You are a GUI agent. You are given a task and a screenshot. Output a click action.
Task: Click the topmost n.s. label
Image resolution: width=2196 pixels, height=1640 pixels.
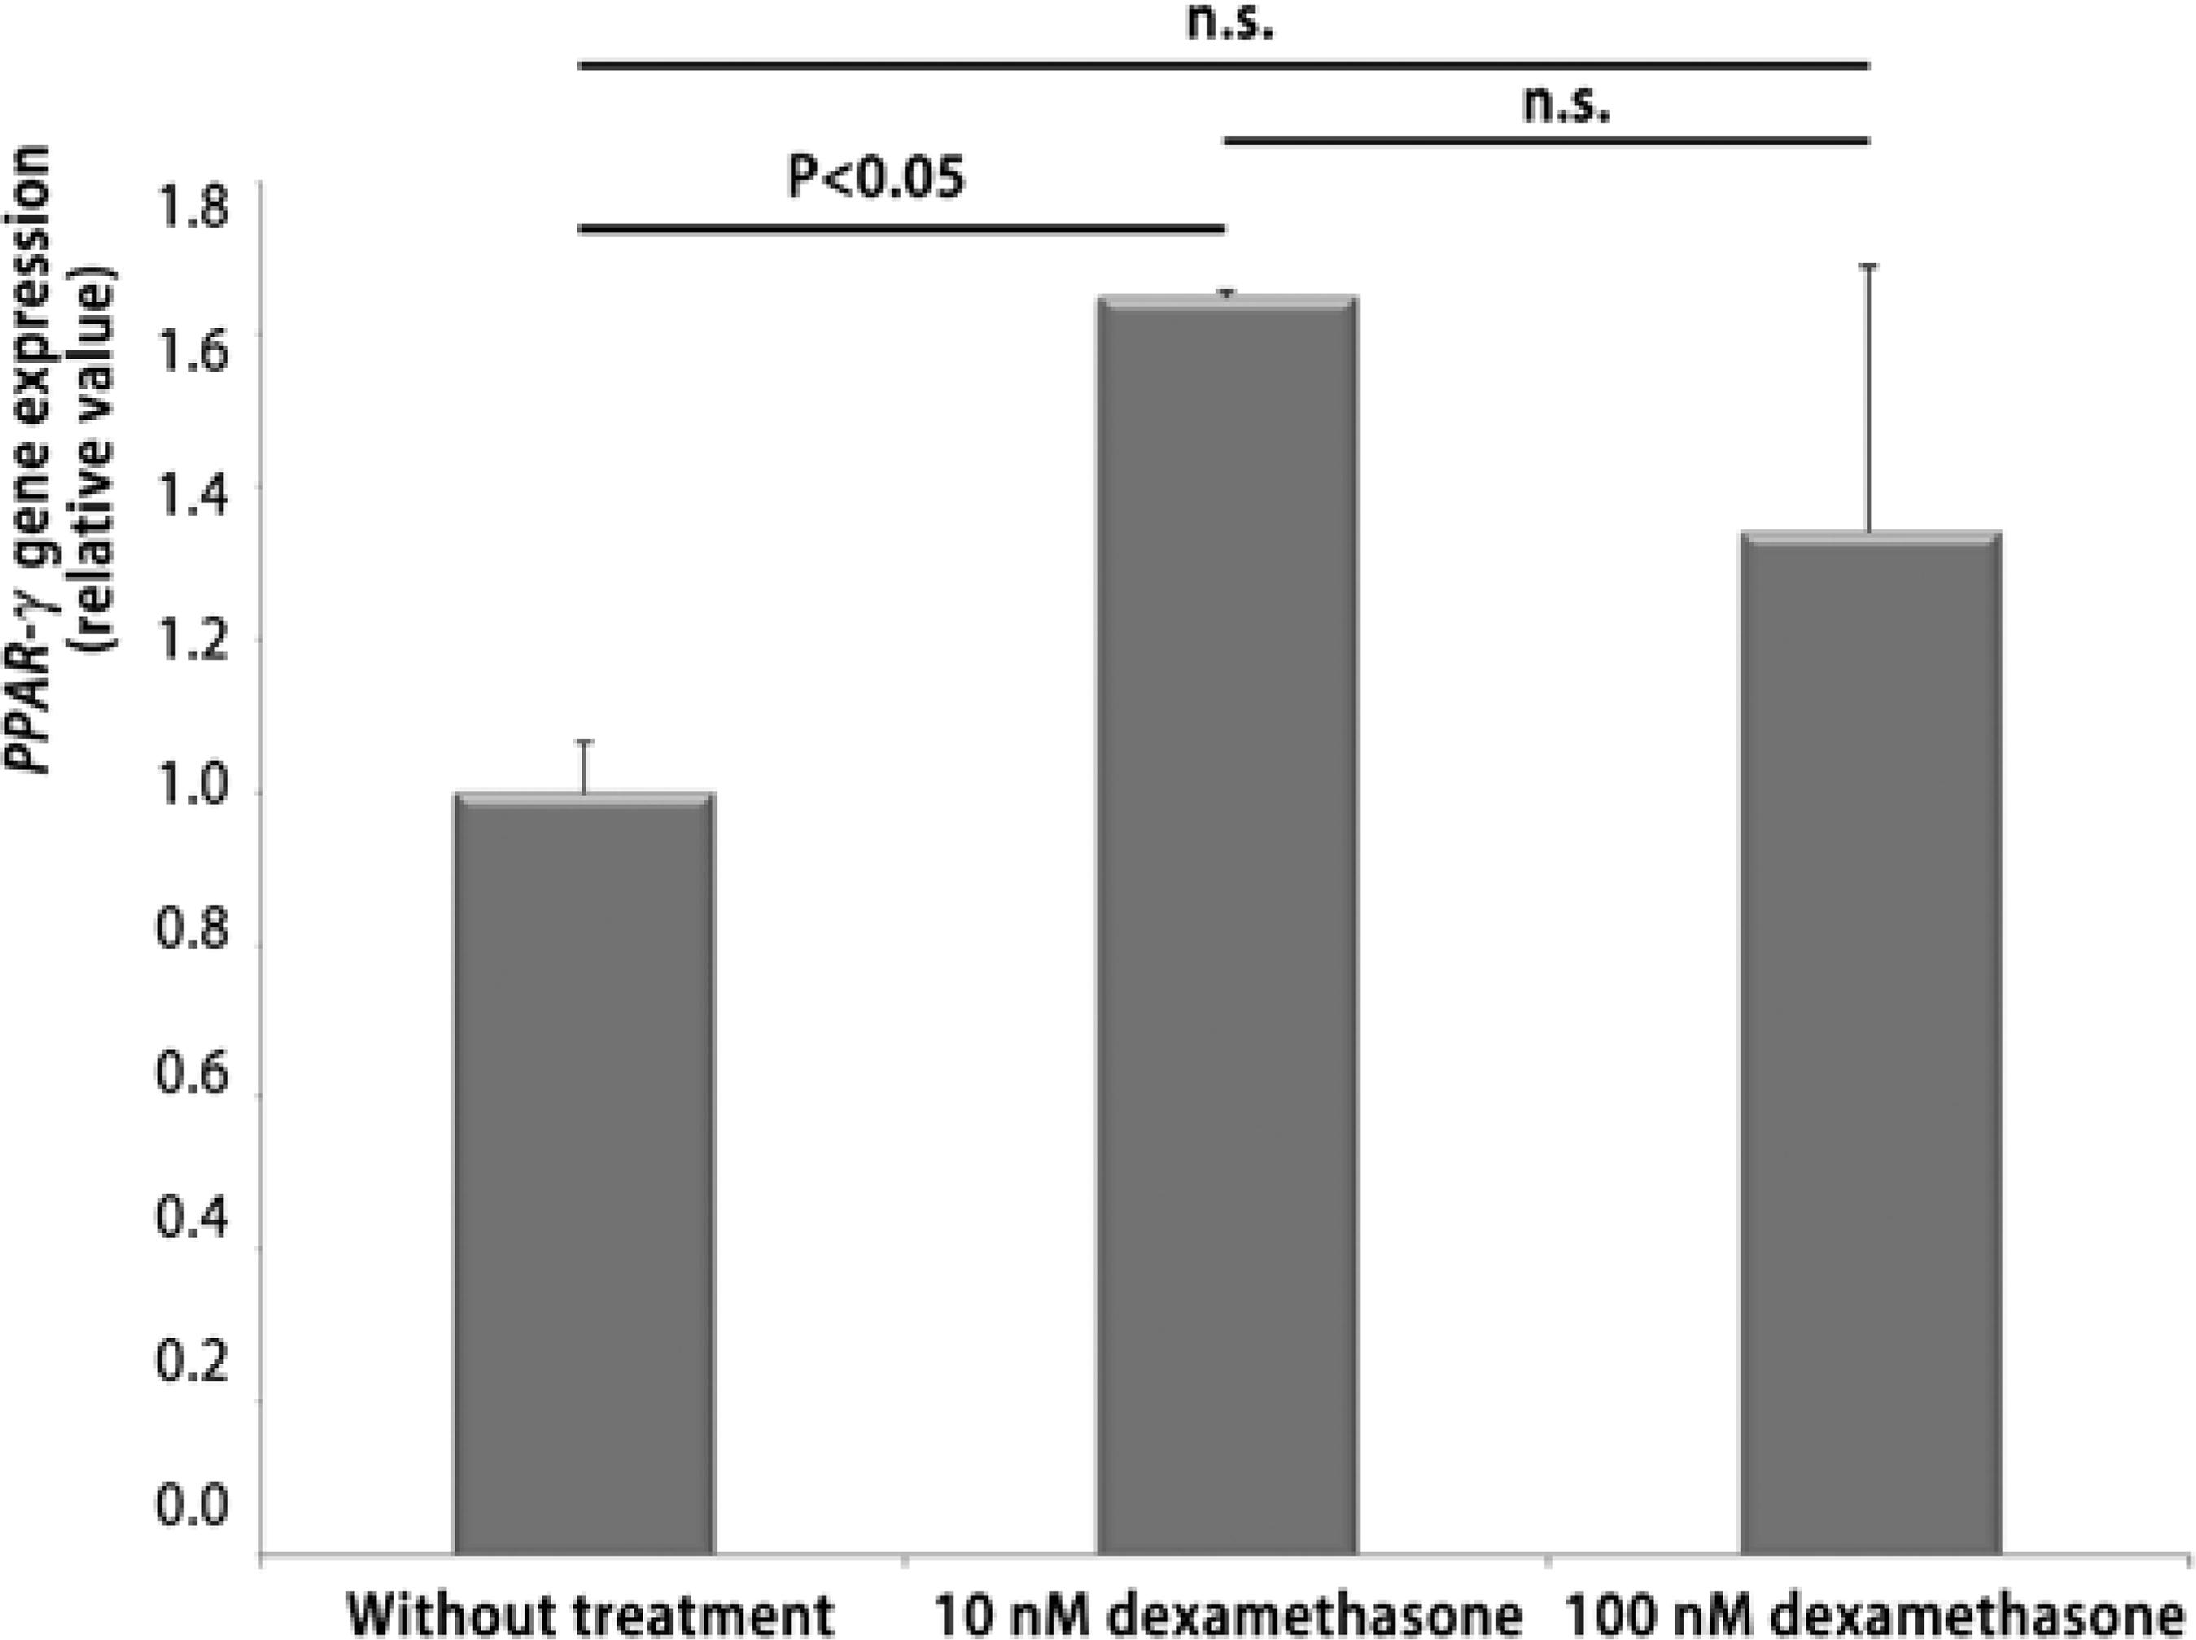[1229, 22]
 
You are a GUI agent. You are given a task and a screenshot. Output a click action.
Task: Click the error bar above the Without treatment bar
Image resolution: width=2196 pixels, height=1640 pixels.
[586, 767]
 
